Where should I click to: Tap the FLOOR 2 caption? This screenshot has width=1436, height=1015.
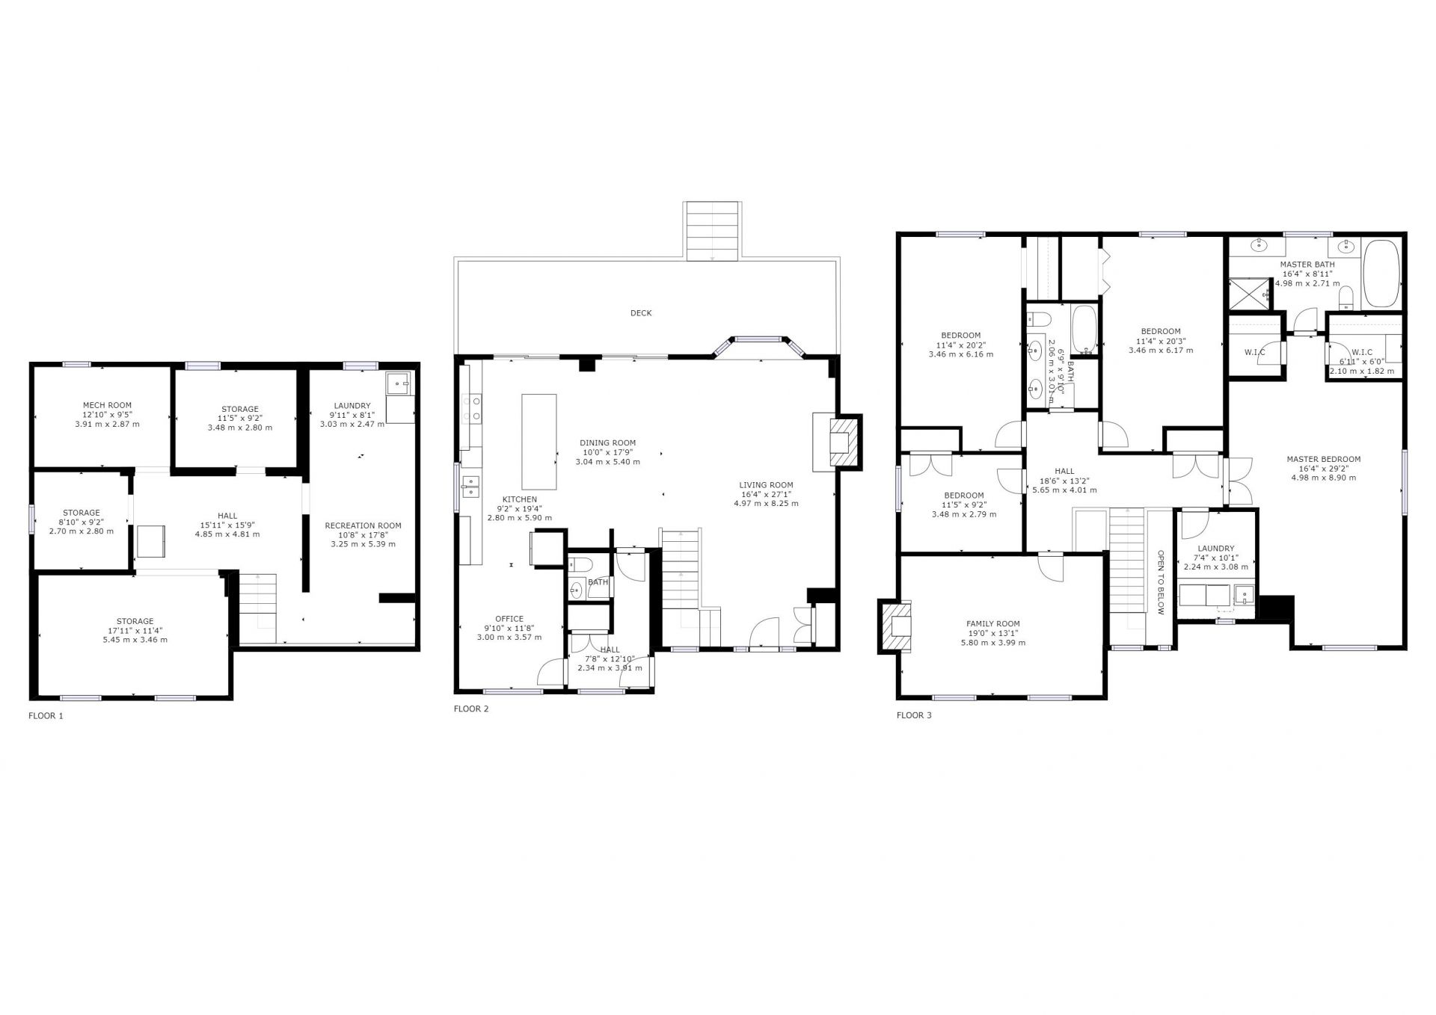(x=471, y=709)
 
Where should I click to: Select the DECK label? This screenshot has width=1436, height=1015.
(x=641, y=313)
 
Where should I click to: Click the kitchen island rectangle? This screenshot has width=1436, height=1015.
(x=539, y=442)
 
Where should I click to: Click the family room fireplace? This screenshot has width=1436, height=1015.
(x=896, y=625)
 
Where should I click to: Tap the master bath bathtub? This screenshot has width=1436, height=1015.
(x=1381, y=274)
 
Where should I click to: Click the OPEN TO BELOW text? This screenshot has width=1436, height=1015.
(x=1161, y=582)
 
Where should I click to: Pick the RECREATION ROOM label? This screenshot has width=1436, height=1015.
(x=363, y=525)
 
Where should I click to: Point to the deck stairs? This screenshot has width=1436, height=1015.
(x=713, y=231)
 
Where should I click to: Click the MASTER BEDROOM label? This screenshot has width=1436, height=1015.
(x=1323, y=460)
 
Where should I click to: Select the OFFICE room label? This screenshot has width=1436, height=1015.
(x=509, y=619)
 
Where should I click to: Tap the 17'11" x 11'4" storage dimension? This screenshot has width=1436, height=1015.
(x=135, y=631)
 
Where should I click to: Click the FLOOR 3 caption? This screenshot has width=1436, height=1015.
(x=914, y=715)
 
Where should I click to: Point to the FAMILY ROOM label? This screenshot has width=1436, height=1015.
(x=992, y=624)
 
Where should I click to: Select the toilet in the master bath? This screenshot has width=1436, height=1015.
(x=1345, y=297)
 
